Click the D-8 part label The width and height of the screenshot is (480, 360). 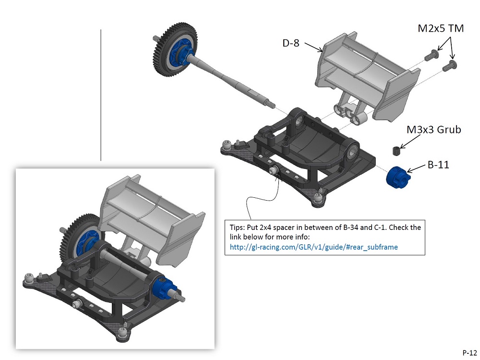click(291, 44)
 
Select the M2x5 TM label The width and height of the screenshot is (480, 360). click(441, 29)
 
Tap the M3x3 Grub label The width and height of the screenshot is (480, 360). click(434, 130)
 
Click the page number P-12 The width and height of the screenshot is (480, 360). click(469, 351)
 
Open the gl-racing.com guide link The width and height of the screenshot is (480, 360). click(314, 247)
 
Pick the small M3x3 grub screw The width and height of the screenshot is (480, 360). click(396, 151)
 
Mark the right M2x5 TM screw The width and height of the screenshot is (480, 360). click(452, 65)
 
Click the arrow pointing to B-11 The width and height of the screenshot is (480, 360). click(417, 168)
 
